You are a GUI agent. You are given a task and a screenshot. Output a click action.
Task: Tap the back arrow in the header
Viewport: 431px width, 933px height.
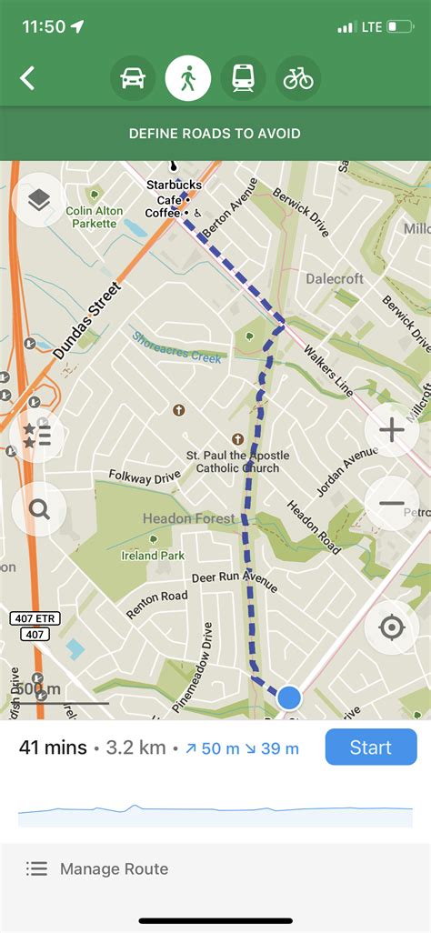pos(27,78)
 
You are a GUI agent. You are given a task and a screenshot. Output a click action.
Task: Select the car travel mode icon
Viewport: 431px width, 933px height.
pos(133,78)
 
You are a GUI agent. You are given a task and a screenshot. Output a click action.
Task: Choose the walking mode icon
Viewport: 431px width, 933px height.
pos(188,78)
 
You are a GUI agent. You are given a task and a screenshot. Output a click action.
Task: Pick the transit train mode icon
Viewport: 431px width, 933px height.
pos(243,78)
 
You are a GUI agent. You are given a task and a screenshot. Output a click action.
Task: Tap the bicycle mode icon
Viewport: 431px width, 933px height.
pos(298,78)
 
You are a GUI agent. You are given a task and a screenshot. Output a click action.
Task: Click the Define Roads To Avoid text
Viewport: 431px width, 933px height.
pos(215,134)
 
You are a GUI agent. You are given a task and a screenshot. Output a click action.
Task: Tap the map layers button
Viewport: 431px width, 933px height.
pos(38,200)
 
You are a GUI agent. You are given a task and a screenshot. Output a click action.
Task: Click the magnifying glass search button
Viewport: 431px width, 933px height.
pos(39,508)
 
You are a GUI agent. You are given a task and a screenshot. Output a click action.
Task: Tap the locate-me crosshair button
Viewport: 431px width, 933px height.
pos(392,627)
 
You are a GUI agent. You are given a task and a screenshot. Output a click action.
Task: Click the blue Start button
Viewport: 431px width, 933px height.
pos(370,747)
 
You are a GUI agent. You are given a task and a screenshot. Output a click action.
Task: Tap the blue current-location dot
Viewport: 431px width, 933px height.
pos(289,697)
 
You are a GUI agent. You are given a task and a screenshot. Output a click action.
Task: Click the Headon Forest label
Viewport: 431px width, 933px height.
pos(188,518)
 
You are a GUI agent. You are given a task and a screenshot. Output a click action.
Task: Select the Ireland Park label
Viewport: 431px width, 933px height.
pos(154,556)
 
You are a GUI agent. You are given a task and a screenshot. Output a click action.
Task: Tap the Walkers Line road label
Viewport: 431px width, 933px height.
pos(327,369)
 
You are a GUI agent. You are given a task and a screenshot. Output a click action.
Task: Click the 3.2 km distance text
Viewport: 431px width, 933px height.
pos(135,748)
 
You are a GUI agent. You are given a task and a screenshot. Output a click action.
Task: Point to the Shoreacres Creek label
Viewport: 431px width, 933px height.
pos(176,346)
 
